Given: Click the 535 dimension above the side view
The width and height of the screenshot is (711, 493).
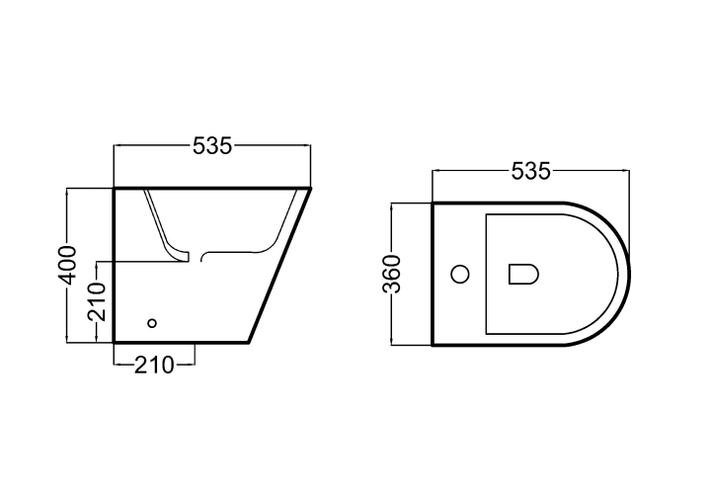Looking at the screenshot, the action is click(x=212, y=145).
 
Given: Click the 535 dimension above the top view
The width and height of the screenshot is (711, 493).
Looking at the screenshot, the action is click(x=530, y=171).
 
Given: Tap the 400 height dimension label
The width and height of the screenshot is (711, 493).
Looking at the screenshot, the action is click(x=68, y=266).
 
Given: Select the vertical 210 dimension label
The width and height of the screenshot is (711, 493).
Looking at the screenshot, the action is click(x=97, y=301).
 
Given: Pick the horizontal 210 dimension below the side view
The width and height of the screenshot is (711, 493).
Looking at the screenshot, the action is click(x=154, y=365).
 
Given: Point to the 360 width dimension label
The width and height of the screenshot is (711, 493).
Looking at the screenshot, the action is click(x=392, y=275).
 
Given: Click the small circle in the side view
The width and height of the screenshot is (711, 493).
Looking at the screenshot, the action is click(x=152, y=323).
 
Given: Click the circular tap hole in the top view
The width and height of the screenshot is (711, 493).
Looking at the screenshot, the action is click(x=460, y=274).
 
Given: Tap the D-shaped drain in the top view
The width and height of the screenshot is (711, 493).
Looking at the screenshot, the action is click(x=523, y=274).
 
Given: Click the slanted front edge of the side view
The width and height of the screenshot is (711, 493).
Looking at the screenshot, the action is click(x=279, y=265).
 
